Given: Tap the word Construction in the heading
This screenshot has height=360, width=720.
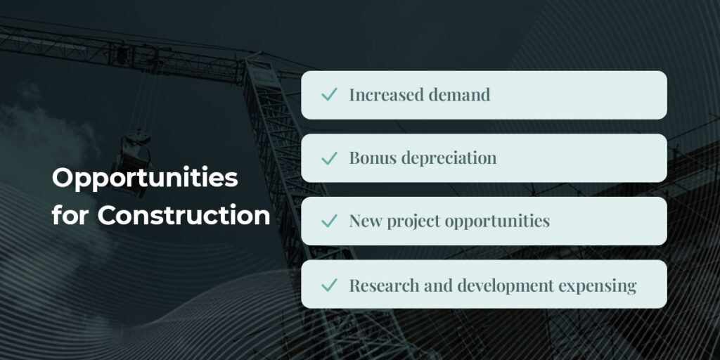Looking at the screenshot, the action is (x=184, y=215).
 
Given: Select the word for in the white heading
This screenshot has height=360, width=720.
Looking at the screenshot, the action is (x=71, y=215).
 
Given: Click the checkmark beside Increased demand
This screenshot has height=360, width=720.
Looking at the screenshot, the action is (x=329, y=95).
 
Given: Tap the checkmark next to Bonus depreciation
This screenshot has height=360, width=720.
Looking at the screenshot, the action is (x=329, y=158).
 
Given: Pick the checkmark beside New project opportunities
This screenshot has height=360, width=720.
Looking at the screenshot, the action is (x=329, y=221).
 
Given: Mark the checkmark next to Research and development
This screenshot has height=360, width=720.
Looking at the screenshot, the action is (x=329, y=285).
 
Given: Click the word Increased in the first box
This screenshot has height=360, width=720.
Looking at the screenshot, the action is (x=387, y=95).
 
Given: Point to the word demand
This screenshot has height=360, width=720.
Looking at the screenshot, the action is (x=459, y=95).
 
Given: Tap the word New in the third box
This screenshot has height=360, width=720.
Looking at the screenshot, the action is (x=366, y=221).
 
